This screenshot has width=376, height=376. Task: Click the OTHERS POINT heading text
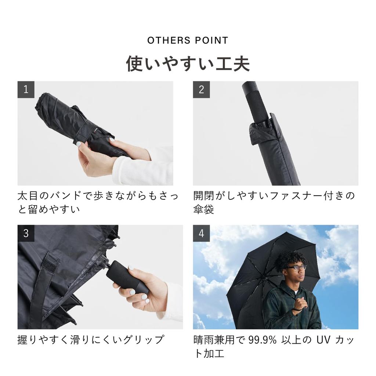coord(188,40)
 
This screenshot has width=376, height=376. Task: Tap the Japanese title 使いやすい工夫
coord(188,63)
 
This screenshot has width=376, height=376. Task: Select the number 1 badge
coord(26,90)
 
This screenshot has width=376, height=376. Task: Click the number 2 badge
coord(201,90)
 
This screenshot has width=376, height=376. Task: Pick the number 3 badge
coord(26,234)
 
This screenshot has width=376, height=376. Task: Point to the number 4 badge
coord(201,234)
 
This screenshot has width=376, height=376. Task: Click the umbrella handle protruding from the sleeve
coord(256,103)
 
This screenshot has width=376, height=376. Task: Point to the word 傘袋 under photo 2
coord(203,210)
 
